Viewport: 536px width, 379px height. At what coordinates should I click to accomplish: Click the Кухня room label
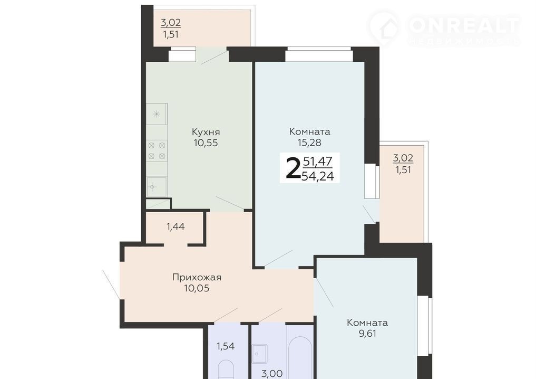click(x=206, y=132)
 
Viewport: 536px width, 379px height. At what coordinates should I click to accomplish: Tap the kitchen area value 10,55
click(x=206, y=143)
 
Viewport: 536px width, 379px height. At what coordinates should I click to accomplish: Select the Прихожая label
click(x=197, y=277)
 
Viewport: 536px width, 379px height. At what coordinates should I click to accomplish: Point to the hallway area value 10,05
click(x=197, y=288)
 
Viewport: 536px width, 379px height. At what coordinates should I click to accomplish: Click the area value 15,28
click(x=309, y=143)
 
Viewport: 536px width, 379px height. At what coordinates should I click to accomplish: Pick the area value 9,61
click(x=367, y=334)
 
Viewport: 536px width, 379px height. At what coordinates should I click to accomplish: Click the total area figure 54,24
click(x=318, y=176)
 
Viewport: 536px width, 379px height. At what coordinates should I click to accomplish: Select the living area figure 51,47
click(x=318, y=161)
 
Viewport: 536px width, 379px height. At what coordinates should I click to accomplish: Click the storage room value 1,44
click(x=176, y=226)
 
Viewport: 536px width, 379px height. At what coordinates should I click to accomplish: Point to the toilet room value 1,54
click(x=226, y=346)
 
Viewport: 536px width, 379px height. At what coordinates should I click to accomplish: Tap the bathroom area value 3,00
click(x=272, y=374)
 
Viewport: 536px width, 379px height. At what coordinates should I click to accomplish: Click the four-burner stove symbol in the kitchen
click(x=157, y=150)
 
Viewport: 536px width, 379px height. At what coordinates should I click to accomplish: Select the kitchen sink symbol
click(x=157, y=187)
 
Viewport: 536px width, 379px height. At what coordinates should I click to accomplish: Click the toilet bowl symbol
click(x=226, y=369)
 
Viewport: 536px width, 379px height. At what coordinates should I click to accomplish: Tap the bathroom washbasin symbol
click(x=259, y=354)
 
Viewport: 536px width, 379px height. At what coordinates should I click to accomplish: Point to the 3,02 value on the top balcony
click(x=171, y=23)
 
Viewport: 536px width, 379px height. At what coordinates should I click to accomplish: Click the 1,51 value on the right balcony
click(x=403, y=170)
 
